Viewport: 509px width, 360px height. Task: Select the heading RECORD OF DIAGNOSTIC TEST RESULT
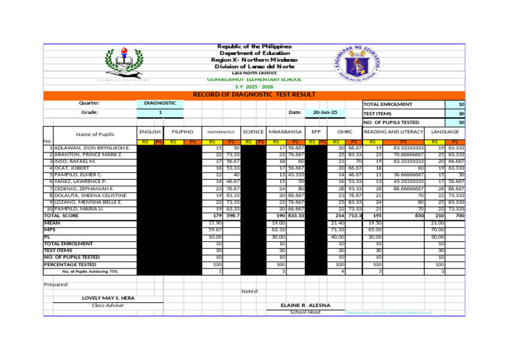[x=254, y=95]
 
